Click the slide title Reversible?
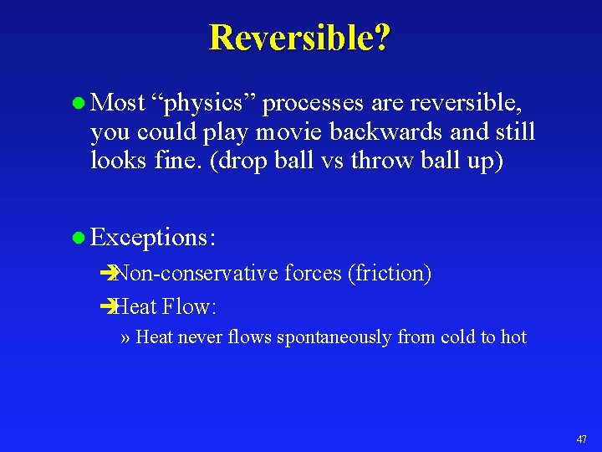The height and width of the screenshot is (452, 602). click(299, 38)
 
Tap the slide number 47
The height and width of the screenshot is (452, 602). click(582, 439)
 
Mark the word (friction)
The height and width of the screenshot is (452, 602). click(390, 274)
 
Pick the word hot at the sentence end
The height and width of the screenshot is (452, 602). click(513, 337)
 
